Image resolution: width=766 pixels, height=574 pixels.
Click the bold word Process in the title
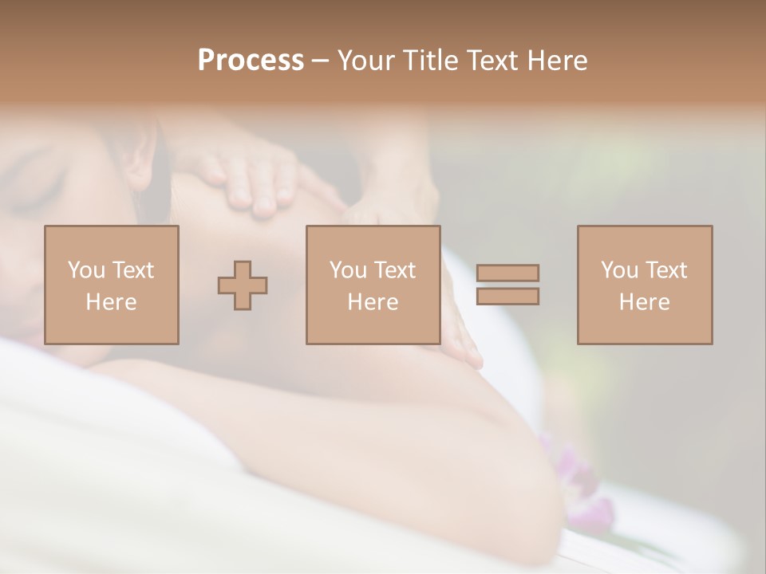point(251,61)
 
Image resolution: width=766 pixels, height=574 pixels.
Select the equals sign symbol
point(507,285)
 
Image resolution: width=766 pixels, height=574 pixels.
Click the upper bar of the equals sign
point(507,273)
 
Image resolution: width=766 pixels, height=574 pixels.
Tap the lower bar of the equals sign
point(507,297)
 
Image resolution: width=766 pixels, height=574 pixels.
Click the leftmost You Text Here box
point(112,285)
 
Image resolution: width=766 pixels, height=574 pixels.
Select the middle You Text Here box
point(373,285)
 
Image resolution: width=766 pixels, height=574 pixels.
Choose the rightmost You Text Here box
point(645,285)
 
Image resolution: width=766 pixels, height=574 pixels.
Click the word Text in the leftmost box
point(132,270)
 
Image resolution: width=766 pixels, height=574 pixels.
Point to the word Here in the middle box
point(373,302)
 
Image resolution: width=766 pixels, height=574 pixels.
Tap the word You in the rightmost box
point(619,270)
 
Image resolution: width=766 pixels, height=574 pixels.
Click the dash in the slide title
point(321,61)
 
